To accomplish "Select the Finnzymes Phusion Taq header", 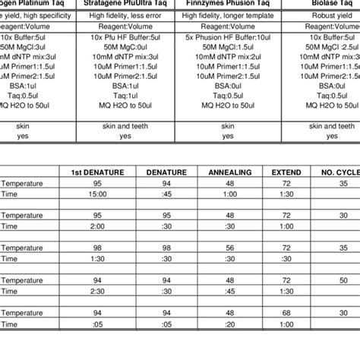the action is click(228, 4).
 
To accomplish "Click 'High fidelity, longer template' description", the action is click(228, 14).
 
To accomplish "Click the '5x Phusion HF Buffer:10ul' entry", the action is click(228, 37).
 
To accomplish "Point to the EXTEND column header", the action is click(286, 172).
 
